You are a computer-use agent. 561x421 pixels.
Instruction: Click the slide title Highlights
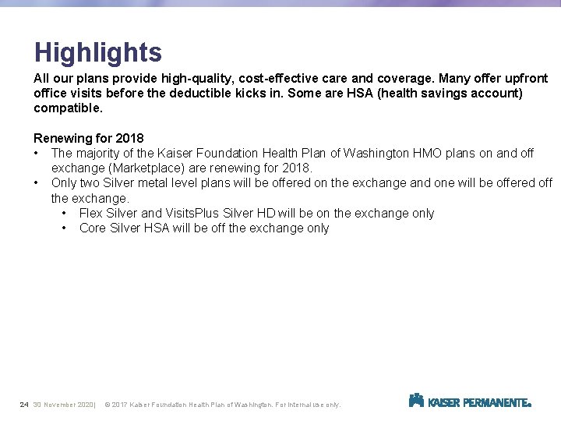98,52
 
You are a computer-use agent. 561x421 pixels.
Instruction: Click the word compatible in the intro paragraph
67,108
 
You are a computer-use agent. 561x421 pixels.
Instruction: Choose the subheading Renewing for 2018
88,139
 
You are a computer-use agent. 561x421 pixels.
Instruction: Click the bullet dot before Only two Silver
37,183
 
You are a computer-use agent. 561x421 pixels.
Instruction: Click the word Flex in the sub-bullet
91,214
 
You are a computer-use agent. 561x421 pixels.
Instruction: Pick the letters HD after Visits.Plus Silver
266,214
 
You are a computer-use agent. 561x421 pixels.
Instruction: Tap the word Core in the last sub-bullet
93,228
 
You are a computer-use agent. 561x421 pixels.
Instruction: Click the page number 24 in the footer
24,405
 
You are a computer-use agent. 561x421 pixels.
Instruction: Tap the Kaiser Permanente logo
470,401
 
